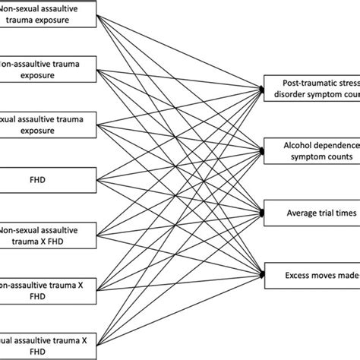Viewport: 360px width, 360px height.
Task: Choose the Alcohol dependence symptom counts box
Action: (x=311, y=150)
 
